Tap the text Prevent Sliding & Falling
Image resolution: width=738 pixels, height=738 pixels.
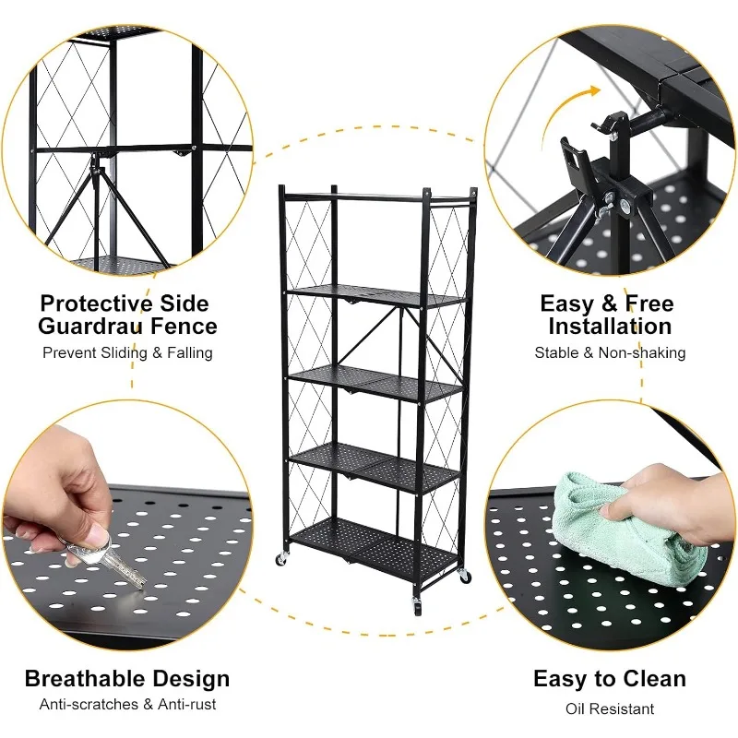(127, 353)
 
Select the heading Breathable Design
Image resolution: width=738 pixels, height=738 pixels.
(127, 680)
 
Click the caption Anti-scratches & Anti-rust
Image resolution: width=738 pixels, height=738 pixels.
(127, 705)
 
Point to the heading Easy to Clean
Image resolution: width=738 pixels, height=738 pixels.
(609, 680)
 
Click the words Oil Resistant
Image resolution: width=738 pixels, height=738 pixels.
(609, 708)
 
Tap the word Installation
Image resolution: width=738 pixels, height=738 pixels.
(609, 327)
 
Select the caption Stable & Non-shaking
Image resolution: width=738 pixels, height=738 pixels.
(609, 353)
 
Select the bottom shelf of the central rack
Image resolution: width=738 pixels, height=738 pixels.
(378, 544)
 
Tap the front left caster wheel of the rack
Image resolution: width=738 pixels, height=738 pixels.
(280, 559)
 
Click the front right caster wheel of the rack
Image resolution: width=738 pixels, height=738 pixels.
(416, 606)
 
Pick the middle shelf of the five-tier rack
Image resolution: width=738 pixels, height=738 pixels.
(378, 380)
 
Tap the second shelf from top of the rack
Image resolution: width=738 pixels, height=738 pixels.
(378, 295)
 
